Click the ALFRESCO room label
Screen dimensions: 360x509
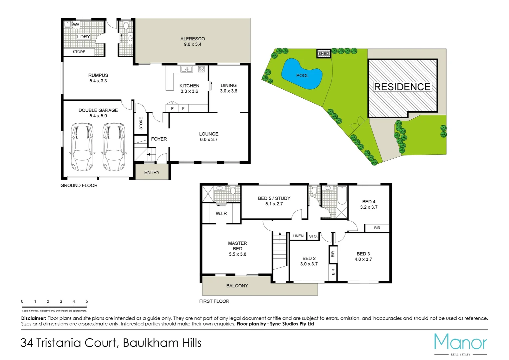193,39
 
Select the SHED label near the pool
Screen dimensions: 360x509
323,54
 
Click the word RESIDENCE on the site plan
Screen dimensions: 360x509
402,87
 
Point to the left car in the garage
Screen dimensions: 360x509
82,147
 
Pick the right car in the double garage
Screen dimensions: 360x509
114,147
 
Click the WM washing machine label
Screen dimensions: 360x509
76,25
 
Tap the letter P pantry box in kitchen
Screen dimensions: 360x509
172,108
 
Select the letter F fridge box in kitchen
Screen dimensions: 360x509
183,108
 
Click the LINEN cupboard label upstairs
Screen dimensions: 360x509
298,236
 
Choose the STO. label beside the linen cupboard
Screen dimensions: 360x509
313,236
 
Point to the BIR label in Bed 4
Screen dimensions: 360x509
377,228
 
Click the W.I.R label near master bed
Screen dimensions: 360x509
221,213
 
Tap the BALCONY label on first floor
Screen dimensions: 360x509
237,286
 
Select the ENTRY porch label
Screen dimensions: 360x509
152,172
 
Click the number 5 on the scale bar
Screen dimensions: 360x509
87,301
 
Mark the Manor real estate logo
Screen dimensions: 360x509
460,343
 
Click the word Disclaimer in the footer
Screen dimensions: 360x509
34,318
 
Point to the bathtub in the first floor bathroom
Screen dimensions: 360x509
342,196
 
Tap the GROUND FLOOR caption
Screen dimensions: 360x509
79,185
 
